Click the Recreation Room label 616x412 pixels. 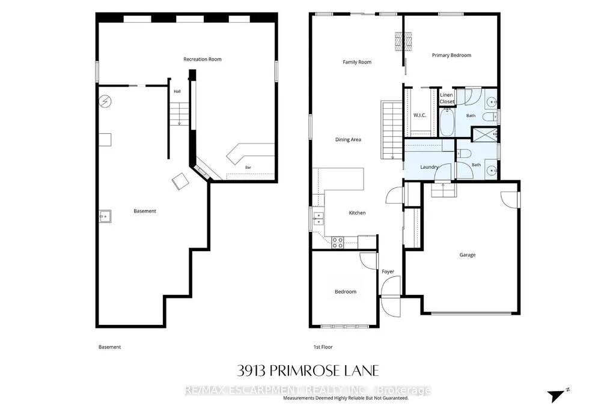tap(203, 59)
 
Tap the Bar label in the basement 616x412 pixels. tap(248, 168)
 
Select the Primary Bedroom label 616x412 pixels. tap(451, 55)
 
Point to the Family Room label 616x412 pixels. tap(357, 62)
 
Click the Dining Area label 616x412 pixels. tap(348, 139)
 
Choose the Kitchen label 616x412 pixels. tap(357, 213)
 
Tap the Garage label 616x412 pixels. tap(468, 255)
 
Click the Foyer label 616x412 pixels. tap(388, 272)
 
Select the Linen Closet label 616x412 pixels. tap(447, 98)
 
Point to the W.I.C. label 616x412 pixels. tap(419, 115)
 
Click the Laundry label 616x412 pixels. tap(429, 167)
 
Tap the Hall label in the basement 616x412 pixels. tap(177, 91)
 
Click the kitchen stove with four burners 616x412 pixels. tap(338, 243)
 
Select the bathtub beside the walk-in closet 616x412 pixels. tap(447, 122)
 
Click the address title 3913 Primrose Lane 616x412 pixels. tap(308, 371)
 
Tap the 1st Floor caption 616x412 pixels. tap(323, 347)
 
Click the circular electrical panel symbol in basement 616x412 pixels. tap(105, 101)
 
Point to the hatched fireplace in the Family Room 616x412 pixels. tap(403, 41)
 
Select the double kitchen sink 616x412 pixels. tap(318, 219)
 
